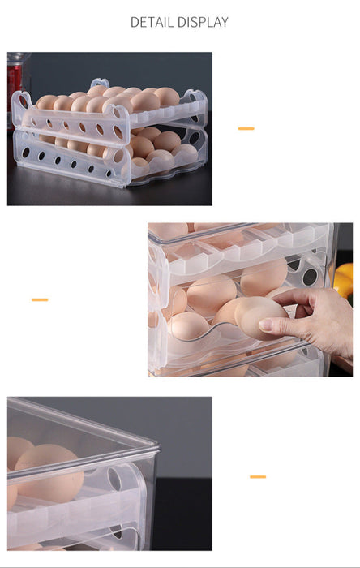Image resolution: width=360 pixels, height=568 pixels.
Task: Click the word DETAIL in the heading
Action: click(152, 22)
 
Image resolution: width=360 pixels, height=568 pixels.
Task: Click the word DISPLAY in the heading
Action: click(203, 22)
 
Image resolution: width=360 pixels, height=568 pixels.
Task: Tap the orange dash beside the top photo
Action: click(246, 128)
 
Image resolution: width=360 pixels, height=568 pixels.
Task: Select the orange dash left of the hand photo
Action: click(40, 299)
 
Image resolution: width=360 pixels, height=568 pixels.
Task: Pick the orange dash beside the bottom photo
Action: click(258, 477)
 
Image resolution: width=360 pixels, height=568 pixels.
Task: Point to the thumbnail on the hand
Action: click(266, 325)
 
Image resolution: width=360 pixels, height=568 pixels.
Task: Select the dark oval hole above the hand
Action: click(310, 278)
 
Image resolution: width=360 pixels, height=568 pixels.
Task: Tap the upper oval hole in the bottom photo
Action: click(114, 479)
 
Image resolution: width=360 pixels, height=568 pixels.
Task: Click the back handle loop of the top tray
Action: click(100, 83)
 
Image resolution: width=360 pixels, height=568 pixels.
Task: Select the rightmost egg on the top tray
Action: click(166, 97)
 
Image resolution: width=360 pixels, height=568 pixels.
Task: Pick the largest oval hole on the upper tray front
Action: click(118, 131)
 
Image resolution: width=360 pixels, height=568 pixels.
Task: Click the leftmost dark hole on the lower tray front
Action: click(26, 153)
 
